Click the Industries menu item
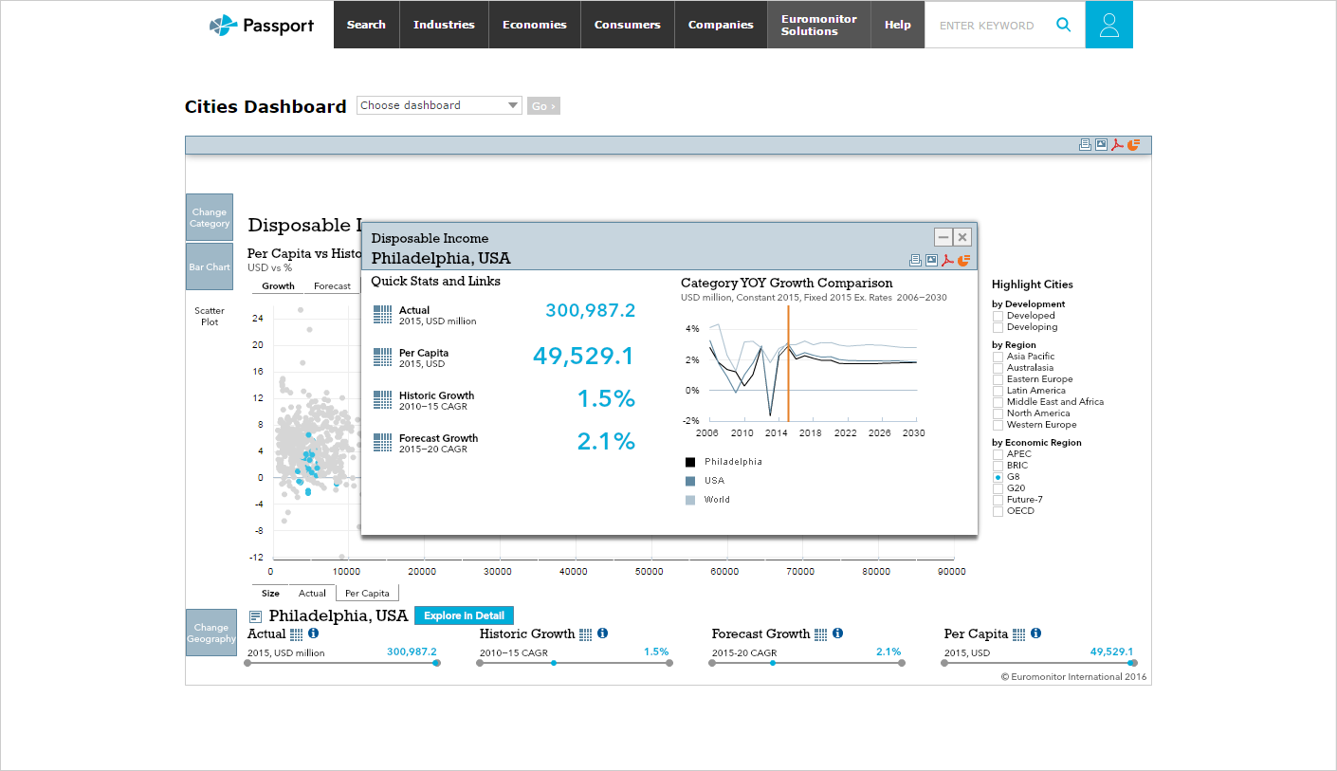point(444,25)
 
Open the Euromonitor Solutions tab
point(818,25)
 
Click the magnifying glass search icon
point(1064,25)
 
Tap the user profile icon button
point(1108,25)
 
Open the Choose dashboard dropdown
point(439,105)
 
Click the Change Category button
point(210,218)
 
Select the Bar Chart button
point(210,267)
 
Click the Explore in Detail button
point(464,615)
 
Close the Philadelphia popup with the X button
point(962,237)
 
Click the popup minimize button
point(943,237)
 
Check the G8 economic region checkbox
point(998,477)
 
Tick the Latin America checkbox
point(998,391)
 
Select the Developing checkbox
point(998,327)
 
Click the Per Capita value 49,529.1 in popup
point(582,357)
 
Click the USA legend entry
point(714,481)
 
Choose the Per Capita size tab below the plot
point(367,594)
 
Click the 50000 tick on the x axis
point(649,572)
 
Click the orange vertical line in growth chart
point(788,379)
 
